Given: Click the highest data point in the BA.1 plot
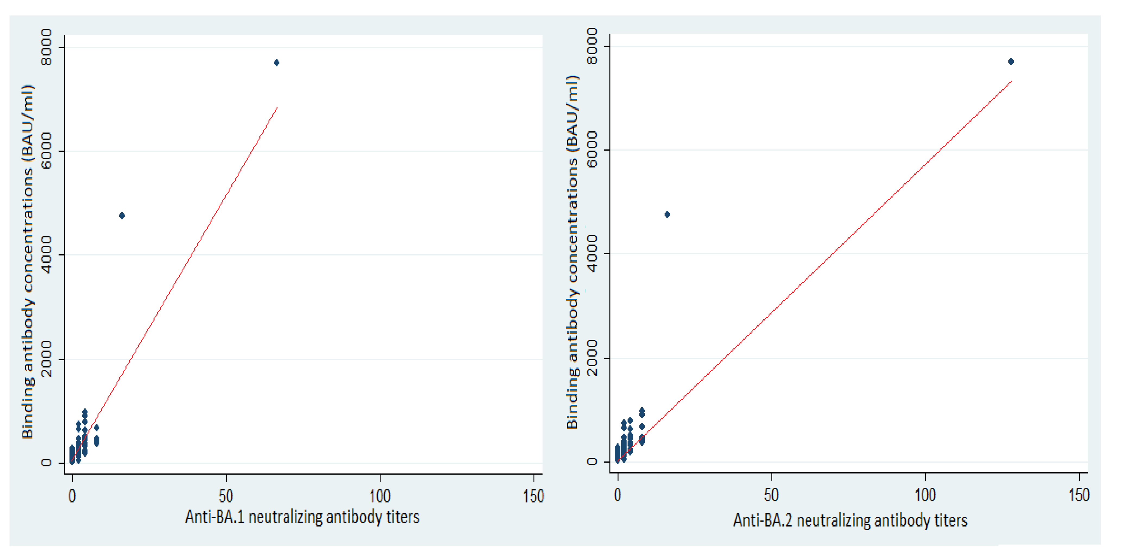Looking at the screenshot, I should point(276,63).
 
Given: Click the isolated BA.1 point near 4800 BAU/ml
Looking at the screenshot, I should point(122,216).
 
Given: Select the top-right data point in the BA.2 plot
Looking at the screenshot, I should point(1011,61).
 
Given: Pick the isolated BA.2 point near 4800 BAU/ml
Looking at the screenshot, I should point(667,214).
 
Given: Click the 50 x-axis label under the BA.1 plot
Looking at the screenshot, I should point(226,496).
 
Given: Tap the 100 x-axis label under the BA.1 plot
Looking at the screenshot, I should point(380,496).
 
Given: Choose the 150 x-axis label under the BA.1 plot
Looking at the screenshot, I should point(534,496).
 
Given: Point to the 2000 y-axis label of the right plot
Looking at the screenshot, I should point(592,358).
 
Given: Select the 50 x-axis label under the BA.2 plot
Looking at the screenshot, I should point(771,495).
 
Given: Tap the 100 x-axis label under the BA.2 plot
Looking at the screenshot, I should point(925,495).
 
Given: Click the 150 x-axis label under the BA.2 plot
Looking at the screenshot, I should point(1079,495).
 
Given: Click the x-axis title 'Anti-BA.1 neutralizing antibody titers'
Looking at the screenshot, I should point(302,517).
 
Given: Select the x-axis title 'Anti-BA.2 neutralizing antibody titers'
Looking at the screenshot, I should point(850,520).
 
